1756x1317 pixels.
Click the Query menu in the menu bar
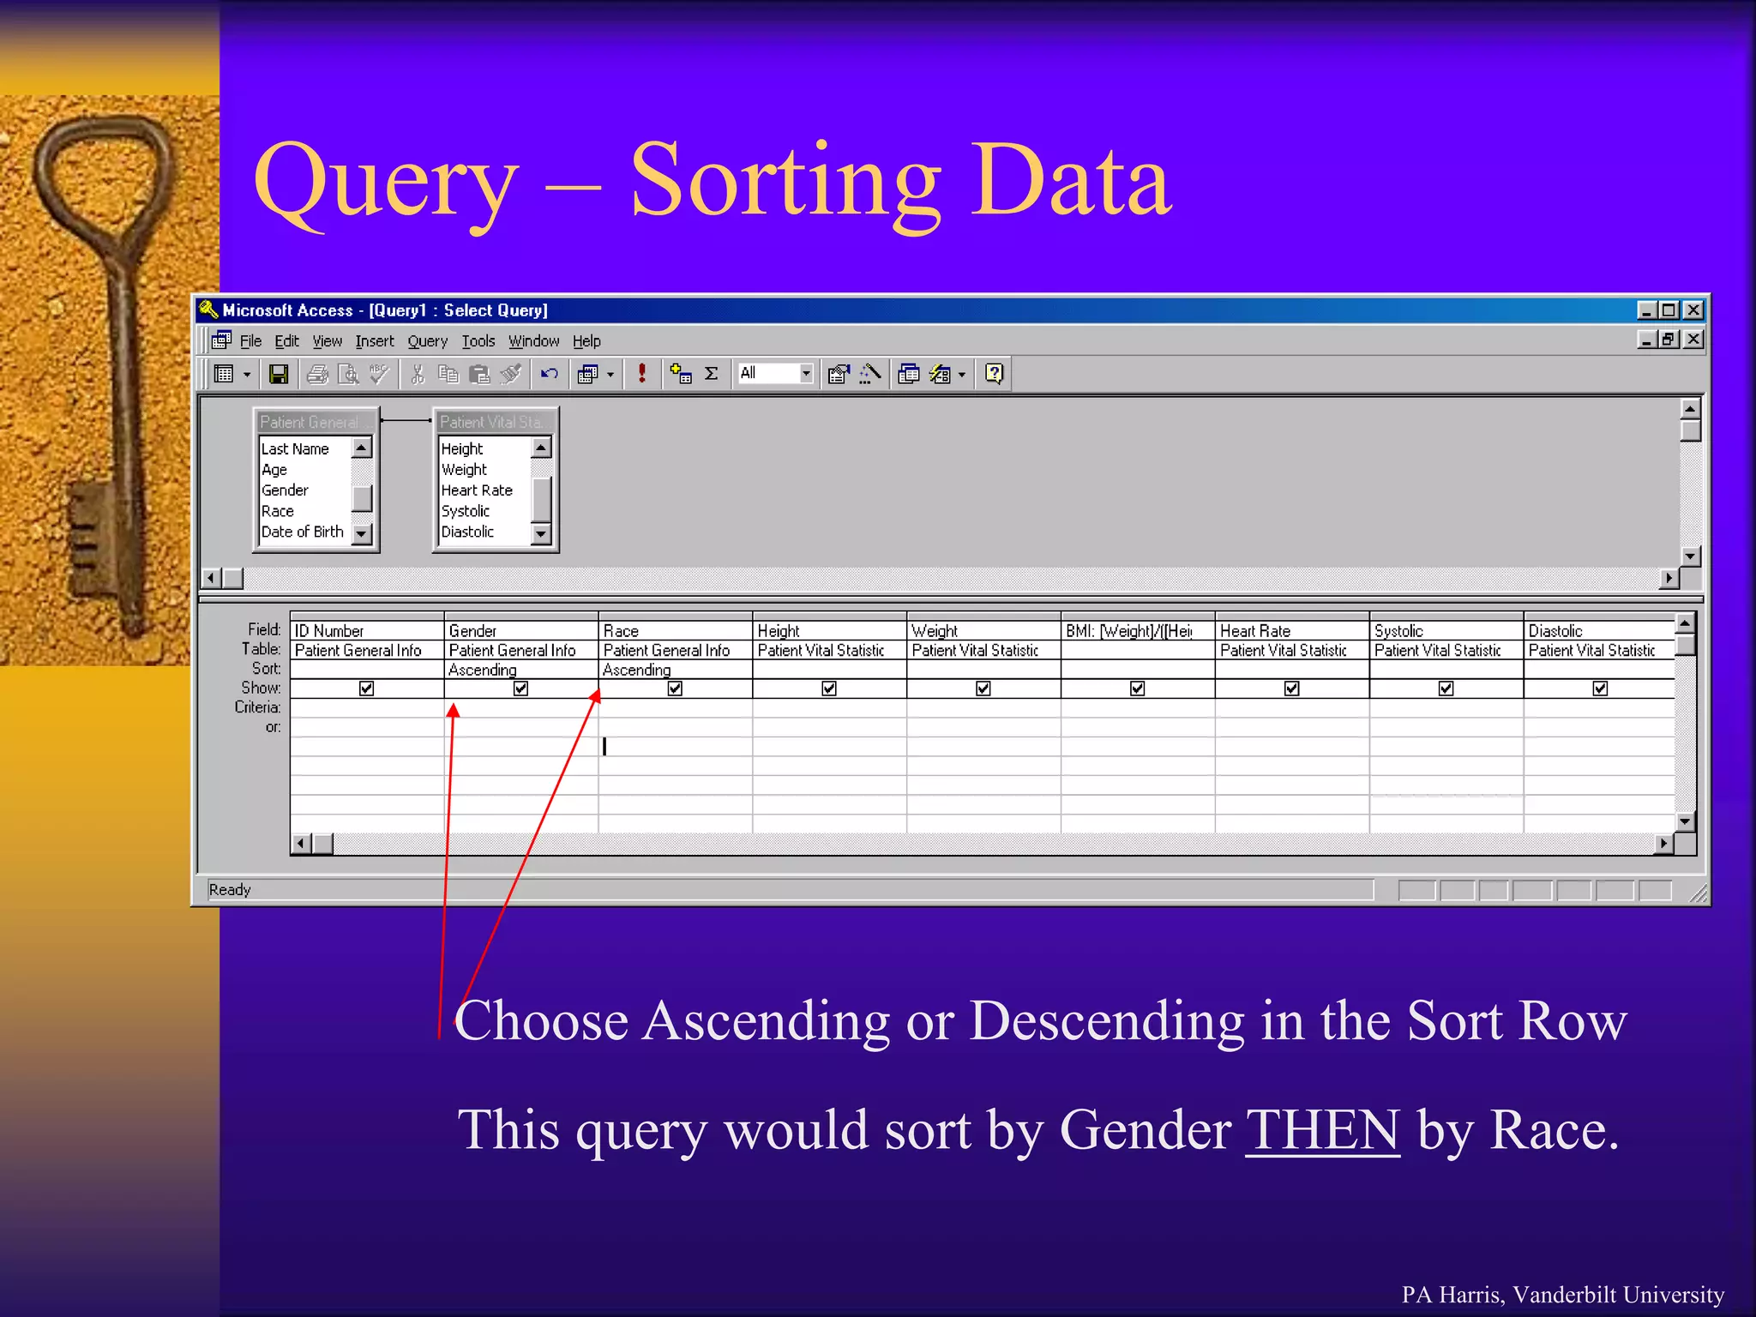tap(427, 341)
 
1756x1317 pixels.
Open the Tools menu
tap(478, 341)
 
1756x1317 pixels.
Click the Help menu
tap(586, 341)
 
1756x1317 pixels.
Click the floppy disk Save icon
tap(278, 374)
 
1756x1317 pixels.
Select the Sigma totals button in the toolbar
tap(711, 374)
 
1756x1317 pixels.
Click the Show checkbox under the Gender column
tap(520, 689)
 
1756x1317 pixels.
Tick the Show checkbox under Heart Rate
tap(1291, 689)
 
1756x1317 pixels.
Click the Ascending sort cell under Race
tap(637, 670)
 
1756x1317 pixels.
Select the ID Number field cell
tap(330, 631)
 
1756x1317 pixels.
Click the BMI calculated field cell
tap(1129, 631)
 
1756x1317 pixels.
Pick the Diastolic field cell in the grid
tap(1555, 631)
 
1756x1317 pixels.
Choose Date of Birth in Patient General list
tap(302, 532)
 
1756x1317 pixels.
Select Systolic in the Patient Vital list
tap(466, 511)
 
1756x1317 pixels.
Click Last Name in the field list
tap(295, 448)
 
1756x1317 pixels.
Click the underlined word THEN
tap(1322, 1130)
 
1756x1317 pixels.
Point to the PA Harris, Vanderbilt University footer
tap(1562, 1294)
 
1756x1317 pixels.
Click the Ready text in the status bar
tap(230, 890)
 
